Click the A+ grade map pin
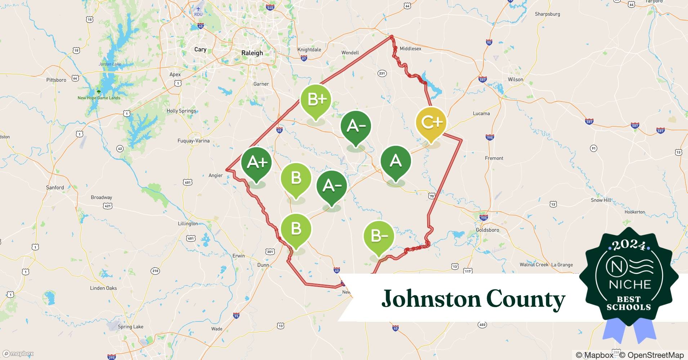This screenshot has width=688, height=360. (256, 163)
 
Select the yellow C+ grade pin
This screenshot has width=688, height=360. (431, 123)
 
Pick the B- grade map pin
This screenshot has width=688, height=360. (379, 236)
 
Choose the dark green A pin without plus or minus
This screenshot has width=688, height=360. (396, 161)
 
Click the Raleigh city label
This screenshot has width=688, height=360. (252, 53)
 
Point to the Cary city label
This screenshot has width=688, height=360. (200, 50)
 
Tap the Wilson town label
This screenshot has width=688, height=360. (515, 80)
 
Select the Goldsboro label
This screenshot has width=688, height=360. (487, 230)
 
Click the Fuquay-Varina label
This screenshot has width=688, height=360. (193, 141)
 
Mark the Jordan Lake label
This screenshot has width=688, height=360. (110, 64)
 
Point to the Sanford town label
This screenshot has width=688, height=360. (55, 188)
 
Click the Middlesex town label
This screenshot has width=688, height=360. (410, 49)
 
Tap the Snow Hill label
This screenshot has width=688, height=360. (601, 200)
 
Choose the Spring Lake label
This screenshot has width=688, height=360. (130, 327)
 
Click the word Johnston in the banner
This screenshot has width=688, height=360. (431, 299)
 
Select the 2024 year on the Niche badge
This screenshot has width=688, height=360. (629, 245)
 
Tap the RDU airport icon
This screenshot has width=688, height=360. (198, 9)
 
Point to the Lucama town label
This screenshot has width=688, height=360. (481, 113)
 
